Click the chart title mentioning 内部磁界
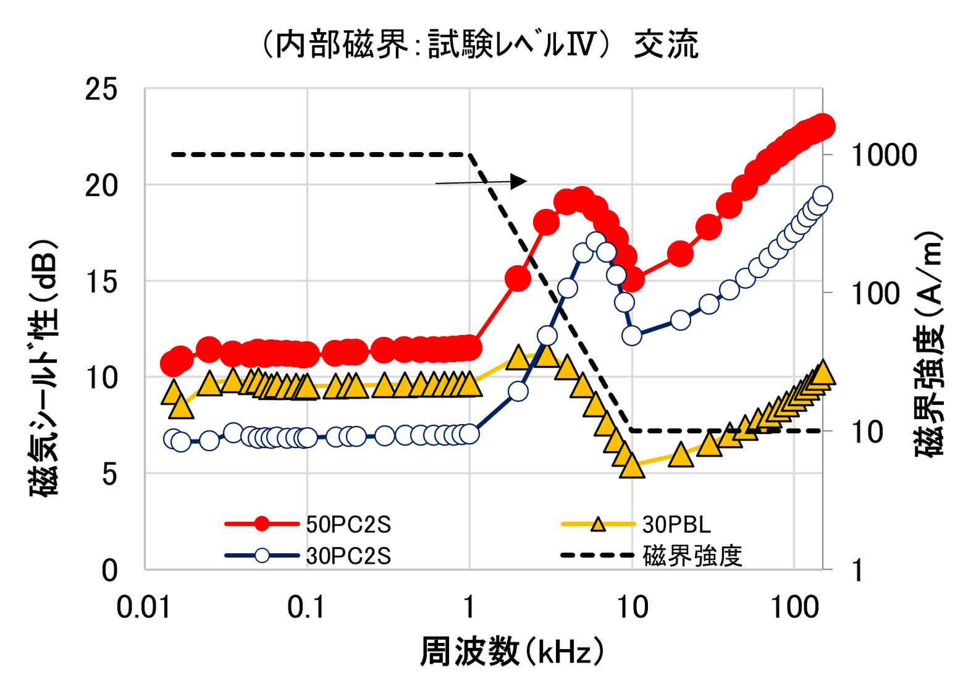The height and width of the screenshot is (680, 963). pos(481,45)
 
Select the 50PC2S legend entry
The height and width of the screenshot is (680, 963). pos(348,524)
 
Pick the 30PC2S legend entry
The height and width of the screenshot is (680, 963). pos(348,556)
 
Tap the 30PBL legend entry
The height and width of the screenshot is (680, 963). pos(676,524)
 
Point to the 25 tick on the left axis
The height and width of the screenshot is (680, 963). pos(101,90)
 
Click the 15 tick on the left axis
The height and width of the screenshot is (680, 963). pos(101,282)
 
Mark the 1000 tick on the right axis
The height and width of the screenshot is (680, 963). pos(884,155)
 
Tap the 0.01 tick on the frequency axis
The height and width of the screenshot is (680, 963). pos(143,608)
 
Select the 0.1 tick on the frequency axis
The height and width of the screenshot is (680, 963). pos(306,608)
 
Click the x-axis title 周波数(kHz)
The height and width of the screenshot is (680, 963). pos(511,652)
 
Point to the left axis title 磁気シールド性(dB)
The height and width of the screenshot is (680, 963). pos(44,367)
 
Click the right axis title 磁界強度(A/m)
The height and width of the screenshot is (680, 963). pos(930,344)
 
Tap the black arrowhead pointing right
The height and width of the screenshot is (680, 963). pos(519,181)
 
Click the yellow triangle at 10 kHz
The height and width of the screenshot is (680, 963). pos(632,467)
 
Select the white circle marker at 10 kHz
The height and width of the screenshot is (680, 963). pos(632,335)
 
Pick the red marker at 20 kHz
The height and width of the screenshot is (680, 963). pos(681,253)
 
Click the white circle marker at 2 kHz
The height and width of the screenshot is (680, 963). pos(518,391)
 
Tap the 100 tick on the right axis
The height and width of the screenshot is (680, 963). pos(876,294)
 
